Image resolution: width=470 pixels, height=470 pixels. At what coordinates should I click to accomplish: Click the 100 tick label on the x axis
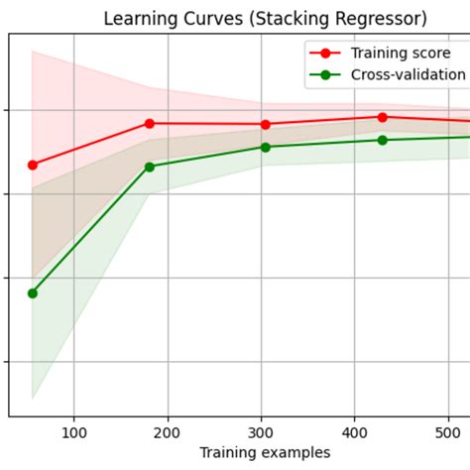pos(74,431)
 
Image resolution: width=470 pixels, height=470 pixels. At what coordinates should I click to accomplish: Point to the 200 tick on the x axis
pos(168,431)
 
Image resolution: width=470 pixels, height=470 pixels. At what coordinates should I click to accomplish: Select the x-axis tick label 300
pos(262,431)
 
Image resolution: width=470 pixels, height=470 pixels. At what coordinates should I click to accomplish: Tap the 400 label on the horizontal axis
pos(356,431)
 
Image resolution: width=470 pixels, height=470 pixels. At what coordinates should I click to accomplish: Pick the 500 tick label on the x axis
pos(449,431)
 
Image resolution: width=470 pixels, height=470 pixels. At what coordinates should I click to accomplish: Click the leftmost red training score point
pos(33,165)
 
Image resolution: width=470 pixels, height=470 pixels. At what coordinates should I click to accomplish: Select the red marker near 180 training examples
pos(150,123)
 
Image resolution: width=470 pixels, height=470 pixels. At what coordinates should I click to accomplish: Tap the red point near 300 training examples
pos(266,124)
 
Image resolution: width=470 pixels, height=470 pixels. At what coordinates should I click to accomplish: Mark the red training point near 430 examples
pos(383,117)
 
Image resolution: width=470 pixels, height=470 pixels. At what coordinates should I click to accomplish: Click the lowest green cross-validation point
pos(33,293)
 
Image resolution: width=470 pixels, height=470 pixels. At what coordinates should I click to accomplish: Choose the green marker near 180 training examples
pos(150,167)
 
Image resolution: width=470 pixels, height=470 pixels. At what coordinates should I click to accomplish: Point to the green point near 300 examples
pos(266,147)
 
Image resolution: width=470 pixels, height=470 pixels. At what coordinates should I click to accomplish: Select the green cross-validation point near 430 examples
pos(383,140)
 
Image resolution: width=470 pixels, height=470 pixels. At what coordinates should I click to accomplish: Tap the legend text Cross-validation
pos(408,74)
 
